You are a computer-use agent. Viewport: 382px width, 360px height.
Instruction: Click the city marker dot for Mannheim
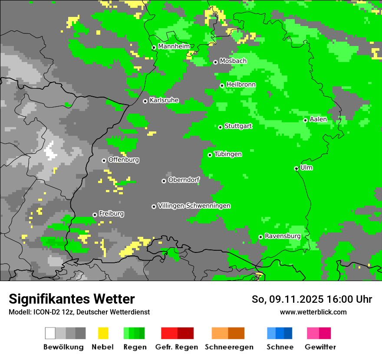pyautogui.click(x=154, y=48)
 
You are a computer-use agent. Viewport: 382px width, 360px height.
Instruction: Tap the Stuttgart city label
pyautogui.click(x=238, y=126)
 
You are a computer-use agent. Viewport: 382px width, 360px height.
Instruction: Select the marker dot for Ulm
pyautogui.click(x=296, y=168)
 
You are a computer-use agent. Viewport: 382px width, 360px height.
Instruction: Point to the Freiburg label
pyautogui.click(x=111, y=213)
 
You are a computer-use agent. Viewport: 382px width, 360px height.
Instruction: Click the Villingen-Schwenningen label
pyautogui.click(x=194, y=206)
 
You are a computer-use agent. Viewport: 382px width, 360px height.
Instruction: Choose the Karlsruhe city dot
pyautogui.click(x=145, y=101)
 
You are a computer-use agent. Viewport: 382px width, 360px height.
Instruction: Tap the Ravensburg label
pyautogui.click(x=283, y=236)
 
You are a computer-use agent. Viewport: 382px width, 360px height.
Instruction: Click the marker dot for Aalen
pyautogui.click(x=306, y=120)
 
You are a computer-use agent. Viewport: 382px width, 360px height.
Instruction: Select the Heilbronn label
pyautogui.click(x=241, y=85)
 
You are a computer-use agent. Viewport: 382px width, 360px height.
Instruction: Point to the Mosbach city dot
pyautogui.click(x=215, y=62)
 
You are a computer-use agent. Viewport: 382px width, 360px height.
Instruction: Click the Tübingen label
pyautogui.click(x=228, y=154)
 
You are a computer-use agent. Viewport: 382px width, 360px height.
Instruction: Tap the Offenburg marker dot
pyautogui.click(x=104, y=160)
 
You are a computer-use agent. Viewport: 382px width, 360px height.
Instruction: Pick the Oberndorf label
pyautogui.click(x=184, y=180)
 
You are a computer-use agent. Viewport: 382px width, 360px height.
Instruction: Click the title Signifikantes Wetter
pyautogui.click(x=72, y=299)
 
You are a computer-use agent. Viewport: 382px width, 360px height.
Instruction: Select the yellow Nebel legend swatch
pyautogui.click(x=103, y=333)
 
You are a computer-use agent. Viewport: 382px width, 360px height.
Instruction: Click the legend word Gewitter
pyautogui.click(x=320, y=347)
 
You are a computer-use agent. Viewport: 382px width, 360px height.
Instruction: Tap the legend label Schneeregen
pyautogui.click(x=228, y=347)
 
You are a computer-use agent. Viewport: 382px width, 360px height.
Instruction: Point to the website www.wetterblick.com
pyautogui.click(x=313, y=312)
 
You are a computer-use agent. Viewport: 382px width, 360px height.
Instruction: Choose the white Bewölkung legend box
pyautogui.click(x=50, y=333)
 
